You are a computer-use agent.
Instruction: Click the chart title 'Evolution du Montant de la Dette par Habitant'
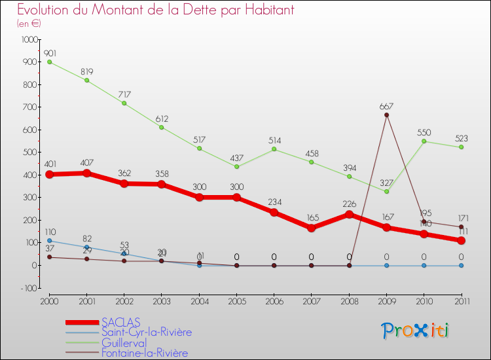[x=155, y=10]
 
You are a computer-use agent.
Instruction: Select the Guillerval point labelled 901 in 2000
[x=49, y=62]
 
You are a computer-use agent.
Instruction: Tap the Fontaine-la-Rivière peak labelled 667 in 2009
[x=386, y=115]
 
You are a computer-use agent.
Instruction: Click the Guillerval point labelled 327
[x=386, y=191]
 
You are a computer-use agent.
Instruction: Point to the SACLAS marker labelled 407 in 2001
[x=86, y=173]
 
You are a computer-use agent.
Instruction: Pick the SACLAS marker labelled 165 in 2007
[x=311, y=228]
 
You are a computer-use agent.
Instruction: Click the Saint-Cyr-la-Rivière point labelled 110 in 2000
[x=49, y=240]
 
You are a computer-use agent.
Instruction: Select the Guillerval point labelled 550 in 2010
[x=424, y=141]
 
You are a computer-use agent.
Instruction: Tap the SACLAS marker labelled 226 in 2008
[x=349, y=214]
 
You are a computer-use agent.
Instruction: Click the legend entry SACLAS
[x=120, y=322]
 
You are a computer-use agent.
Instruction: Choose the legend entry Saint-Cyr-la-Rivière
[x=146, y=333]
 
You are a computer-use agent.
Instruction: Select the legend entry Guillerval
[x=124, y=343]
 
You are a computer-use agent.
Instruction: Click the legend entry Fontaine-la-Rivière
[x=144, y=353]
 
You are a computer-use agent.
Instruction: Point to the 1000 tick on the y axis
[x=29, y=40]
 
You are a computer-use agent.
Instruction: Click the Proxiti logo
[x=416, y=331]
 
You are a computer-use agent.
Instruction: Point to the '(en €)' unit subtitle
[x=29, y=24]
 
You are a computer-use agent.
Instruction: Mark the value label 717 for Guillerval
[x=124, y=94]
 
